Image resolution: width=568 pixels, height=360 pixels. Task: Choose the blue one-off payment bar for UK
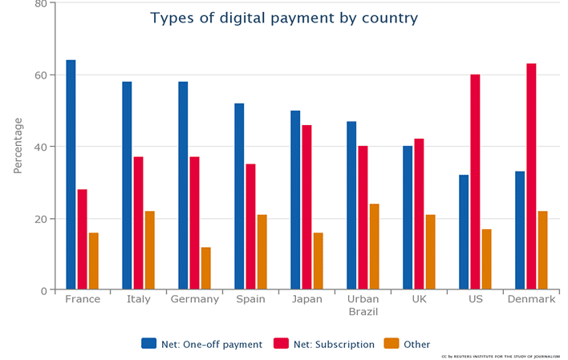tap(408, 217)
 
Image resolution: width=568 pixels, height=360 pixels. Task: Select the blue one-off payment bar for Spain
tap(239, 196)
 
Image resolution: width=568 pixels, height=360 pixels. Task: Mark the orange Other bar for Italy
tap(149, 250)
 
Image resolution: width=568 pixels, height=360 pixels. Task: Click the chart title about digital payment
tap(284, 18)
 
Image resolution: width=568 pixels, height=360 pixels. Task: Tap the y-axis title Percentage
tap(18, 145)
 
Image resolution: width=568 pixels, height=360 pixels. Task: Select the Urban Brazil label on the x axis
tap(363, 305)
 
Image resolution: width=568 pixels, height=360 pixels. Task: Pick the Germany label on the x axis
tap(195, 299)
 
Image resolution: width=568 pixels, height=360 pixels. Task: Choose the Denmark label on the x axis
tap(531, 299)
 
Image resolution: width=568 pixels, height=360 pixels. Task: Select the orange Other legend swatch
tap(391, 343)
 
